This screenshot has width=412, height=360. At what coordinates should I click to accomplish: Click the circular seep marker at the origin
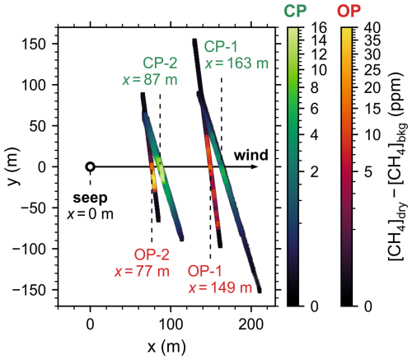point(91,166)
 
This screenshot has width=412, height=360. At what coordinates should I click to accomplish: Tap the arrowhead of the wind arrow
point(255,166)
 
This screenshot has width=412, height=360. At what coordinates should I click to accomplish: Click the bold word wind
point(251,155)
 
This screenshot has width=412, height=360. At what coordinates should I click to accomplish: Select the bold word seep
point(90,198)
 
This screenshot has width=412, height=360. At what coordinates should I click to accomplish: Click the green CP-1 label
point(221,46)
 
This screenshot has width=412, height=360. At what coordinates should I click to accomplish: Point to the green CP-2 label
point(160,63)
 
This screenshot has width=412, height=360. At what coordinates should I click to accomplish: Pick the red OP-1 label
point(204,272)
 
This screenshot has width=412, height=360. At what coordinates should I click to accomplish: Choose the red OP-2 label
point(152,255)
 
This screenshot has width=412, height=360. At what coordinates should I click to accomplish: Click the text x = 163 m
point(236,63)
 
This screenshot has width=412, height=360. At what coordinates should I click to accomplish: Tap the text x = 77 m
point(142,272)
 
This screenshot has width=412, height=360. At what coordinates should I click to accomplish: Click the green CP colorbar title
point(295,12)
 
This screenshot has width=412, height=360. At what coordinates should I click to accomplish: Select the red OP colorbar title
point(349,12)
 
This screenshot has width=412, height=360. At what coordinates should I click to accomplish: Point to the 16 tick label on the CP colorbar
point(319,28)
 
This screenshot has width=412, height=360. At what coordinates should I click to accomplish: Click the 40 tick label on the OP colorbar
point(372,28)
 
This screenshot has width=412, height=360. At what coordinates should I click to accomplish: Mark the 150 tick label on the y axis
point(34,44)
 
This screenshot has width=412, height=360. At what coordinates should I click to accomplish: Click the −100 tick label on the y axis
point(29,249)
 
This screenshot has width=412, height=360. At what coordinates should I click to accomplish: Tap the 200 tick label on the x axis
point(251,325)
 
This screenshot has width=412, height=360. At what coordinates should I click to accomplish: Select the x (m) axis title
point(166,347)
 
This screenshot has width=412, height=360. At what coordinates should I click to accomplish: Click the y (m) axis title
point(13,166)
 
